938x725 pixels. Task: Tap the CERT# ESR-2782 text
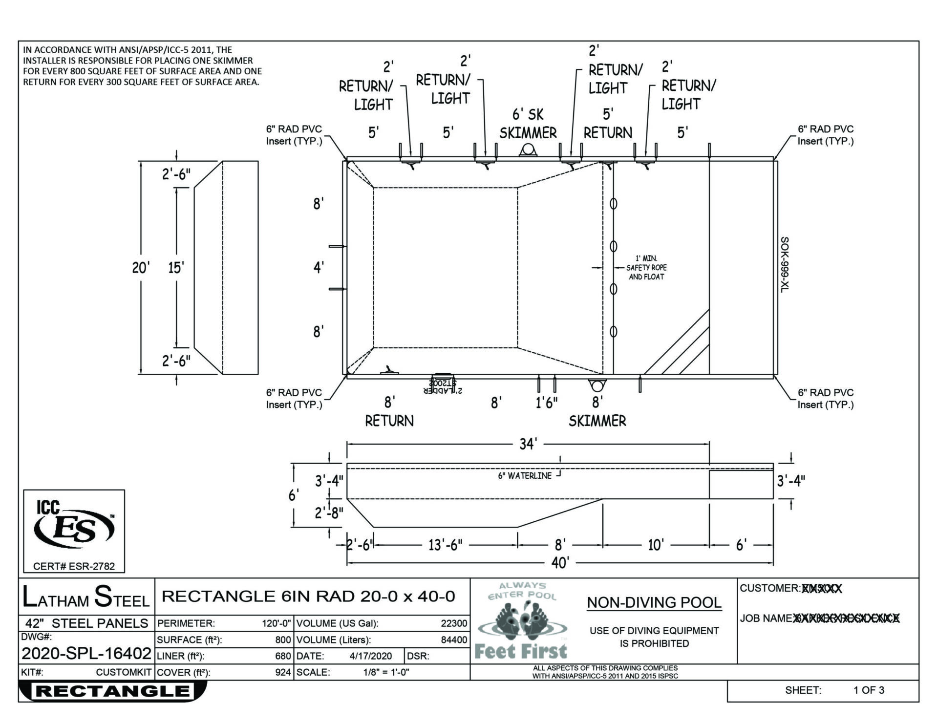[74, 566]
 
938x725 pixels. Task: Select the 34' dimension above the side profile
[528, 444]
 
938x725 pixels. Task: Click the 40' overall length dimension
[560, 563]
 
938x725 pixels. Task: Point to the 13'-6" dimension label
[445, 545]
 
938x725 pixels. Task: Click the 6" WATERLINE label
[525, 475]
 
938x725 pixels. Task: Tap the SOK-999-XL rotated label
[784, 265]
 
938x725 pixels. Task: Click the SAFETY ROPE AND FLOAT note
[646, 268]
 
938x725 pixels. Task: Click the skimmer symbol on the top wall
[528, 149]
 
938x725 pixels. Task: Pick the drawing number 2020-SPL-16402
[86, 653]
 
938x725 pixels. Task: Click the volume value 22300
[454, 623]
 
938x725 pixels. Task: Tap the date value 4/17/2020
[371, 656]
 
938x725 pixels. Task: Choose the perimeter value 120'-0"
[277, 623]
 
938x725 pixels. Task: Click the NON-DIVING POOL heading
[654, 603]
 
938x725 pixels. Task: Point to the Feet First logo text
[521, 651]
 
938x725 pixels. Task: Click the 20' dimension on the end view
[141, 268]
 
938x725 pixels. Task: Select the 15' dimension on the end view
[176, 268]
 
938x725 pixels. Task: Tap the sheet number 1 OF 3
[869, 690]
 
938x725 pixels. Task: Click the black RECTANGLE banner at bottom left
[112, 691]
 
